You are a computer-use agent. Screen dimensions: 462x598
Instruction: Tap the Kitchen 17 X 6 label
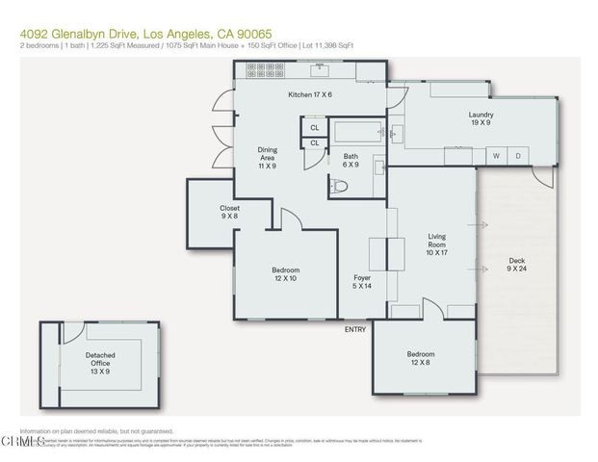click(x=310, y=94)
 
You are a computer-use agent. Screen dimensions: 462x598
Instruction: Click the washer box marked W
click(x=497, y=156)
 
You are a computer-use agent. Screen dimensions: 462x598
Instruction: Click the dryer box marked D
click(x=517, y=156)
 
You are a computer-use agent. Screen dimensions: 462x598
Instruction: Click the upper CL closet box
click(x=314, y=127)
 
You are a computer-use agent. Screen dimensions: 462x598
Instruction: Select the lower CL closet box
click(x=314, y=143)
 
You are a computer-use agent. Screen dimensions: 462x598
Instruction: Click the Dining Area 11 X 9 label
click(x=267, y=158)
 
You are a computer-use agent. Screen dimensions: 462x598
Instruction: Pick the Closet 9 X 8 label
click(x=229, y=212)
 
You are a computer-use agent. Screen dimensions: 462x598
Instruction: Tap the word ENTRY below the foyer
click(x=355, y=329)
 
